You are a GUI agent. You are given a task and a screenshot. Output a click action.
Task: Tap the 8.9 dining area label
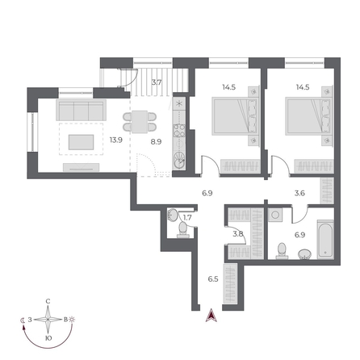click(157, 140)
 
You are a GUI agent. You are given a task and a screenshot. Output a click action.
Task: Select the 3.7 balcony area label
click(157, 82)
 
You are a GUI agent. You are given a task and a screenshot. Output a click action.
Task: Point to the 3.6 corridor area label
click(299, 193)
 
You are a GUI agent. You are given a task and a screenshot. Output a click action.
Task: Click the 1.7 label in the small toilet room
click(187, 217)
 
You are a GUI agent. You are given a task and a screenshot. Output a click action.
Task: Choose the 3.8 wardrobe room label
click(237, 234)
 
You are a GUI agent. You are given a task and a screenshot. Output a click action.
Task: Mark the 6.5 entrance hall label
click(213, 278)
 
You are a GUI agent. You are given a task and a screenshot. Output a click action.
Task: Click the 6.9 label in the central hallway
click(207, 193)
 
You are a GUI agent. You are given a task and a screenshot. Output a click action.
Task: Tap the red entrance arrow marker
click(212, 316)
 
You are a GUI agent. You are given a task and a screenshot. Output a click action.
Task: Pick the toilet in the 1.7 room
click(184, 229)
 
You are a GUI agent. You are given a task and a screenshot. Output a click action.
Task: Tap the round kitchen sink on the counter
click(179, 160)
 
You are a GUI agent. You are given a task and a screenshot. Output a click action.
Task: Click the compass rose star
click(48, 320)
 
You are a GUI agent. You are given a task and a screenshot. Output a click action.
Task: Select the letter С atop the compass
click(48, 301)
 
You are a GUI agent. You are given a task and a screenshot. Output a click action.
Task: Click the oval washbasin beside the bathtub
click(304, 253)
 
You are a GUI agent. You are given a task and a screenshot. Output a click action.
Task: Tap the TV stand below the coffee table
click(81, 168)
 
